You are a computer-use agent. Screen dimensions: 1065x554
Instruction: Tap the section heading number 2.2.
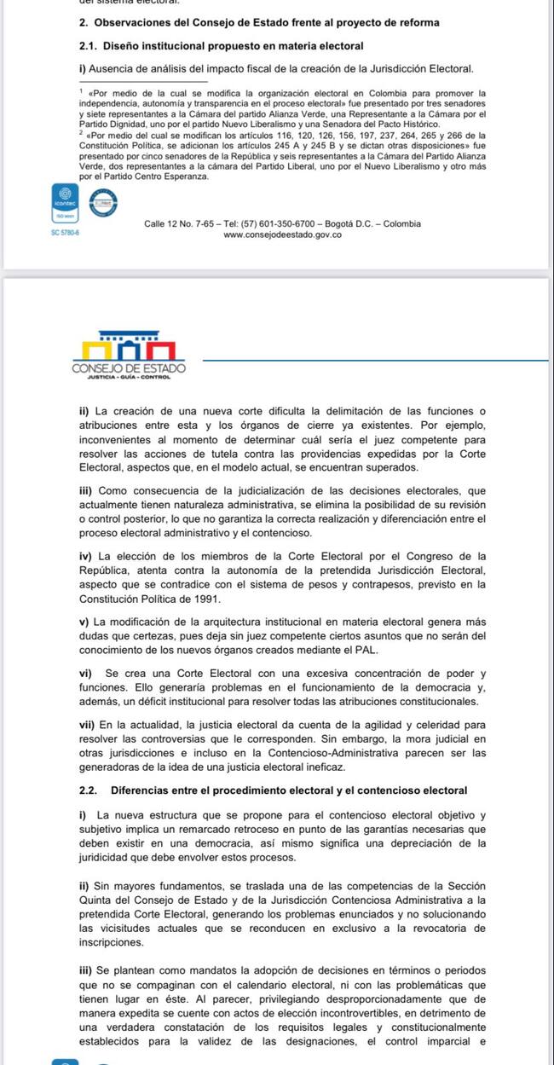(89, 789)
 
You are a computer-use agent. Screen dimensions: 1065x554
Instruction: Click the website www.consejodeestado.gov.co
(282, 234)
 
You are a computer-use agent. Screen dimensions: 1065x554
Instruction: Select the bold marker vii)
(88, 724)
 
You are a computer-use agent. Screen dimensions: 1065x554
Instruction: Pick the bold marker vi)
(87, 674)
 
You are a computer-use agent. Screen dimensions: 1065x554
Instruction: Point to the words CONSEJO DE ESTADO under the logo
(129, 368)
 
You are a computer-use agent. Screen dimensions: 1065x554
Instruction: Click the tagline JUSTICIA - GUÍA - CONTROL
(129, 376)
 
